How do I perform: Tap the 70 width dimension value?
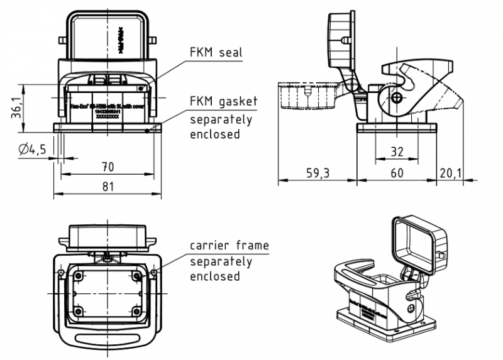tap(108, 166)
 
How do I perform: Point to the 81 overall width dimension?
tap(108, 187)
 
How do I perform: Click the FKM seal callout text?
tap(217, 53)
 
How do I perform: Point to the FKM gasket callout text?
tap(224, 102)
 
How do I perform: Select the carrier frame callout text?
tap(229, 246)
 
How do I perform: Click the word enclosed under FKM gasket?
tap(215, 134)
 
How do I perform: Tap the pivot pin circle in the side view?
tap(395, 98)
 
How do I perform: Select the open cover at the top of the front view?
tap(107, 38)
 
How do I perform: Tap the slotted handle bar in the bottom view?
tap(107, 343)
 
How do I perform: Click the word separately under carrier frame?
tap(221, 261)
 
